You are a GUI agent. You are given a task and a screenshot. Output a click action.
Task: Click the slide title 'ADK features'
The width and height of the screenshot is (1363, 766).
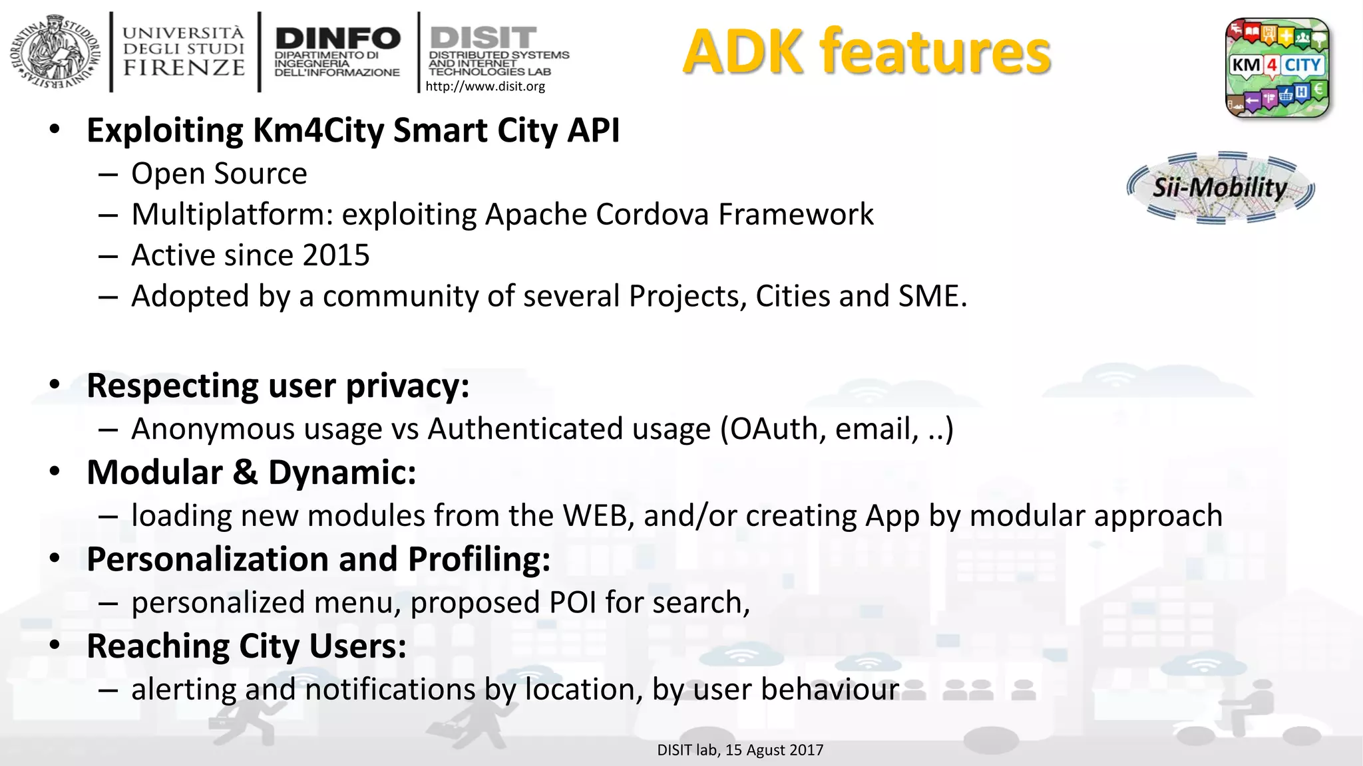click(x=867, y=52)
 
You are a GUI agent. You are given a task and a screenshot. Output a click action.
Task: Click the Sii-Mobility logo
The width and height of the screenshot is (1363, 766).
click(x=1221, y=188)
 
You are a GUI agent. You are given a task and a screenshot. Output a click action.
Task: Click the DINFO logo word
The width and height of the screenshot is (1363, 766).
click(x=337, y=39)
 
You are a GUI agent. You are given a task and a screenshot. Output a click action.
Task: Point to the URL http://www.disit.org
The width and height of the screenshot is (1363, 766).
click(x=485, y=86)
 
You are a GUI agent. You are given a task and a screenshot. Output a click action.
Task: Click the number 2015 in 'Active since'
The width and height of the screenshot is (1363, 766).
click(x=335, y=255)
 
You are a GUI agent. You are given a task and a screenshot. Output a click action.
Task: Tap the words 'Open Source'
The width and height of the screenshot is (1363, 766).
click(x=219, y=174)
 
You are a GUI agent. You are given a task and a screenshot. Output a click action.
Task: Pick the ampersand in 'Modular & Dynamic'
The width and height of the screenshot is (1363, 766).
click(x=245, y=473)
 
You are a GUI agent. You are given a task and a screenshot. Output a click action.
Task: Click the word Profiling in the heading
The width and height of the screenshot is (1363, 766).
click(x=479, y=559)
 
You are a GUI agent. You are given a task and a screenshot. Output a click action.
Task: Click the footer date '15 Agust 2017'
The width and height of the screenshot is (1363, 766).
click(x=774, y=750)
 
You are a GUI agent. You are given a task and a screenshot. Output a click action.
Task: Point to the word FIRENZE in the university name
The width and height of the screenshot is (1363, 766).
click(x=184, y=68)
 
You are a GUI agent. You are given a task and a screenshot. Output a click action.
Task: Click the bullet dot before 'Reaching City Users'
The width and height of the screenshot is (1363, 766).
click(x=55, y=645)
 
